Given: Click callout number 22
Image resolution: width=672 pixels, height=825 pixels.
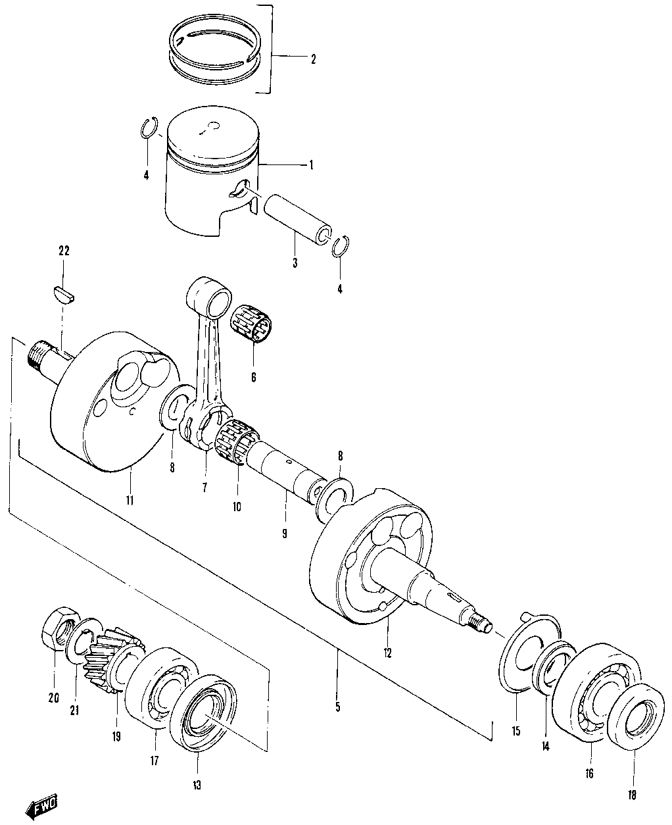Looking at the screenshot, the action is click(x=64, y=251).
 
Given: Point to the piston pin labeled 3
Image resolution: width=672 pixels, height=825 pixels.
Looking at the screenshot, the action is click(x=298, y=220).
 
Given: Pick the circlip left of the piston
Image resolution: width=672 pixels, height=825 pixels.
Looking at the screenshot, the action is click(x=149, y=127).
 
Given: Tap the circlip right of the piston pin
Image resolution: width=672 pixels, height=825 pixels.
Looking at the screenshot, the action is click(x=341, y=246).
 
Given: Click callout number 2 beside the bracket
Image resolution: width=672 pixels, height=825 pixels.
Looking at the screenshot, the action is click(x=313, y=59).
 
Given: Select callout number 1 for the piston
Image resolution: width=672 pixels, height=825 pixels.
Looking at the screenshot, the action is click(x=311, y=165).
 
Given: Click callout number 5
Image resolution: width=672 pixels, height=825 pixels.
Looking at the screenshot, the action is click(x=337, y=707).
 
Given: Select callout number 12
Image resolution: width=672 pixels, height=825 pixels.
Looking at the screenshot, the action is click(x=387, y=653).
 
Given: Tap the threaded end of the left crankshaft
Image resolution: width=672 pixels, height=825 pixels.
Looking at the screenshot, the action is click(x=38, y=354).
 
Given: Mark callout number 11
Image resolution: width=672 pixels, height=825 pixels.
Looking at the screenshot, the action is click(x=130, y=501).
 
